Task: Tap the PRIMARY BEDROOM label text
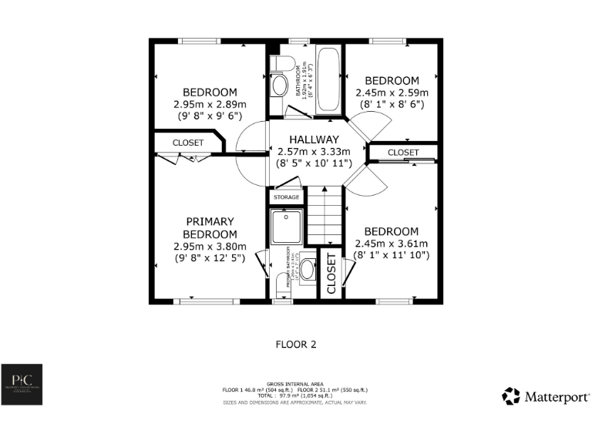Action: pyautogui.click(x=210, y=227)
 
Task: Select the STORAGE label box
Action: pyautogui.click(x=284, y=197)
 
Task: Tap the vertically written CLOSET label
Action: pyautogui.click(x=331, y=274)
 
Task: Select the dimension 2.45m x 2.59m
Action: pyautogui.click(x=392, y=92)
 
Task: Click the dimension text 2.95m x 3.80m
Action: pyautogui.click(x=210, y=247)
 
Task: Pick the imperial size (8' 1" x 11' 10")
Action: pyautogui.click(x=392, y=255)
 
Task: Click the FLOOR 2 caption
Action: pyautogui.click(x=296, y=345)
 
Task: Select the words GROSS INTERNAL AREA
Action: pyautogui.click(x=295, y=383)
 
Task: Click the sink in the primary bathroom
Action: pyautogui.click(x=307, y=269)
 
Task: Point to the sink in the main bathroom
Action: pyautogui.click(x=280, y=84)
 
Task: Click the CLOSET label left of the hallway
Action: pyautogui.click(x=188, y=143)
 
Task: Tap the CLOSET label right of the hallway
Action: pyautogui.click(x=403, y=153)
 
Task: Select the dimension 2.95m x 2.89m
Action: pyautogui.click(x=210, y=104)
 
